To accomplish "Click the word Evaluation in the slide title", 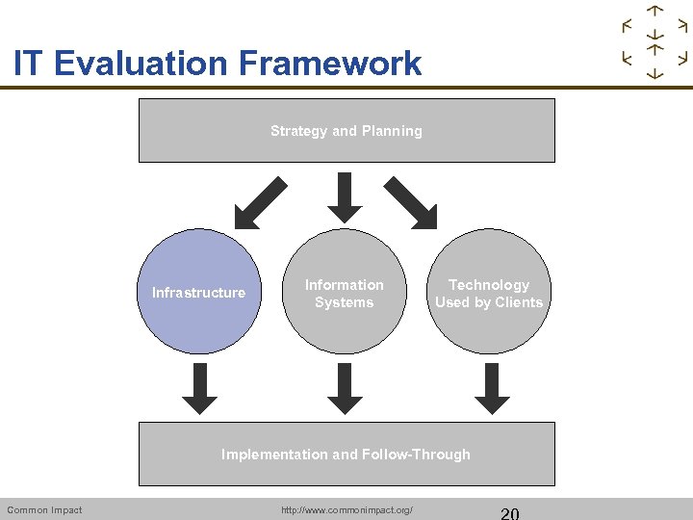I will point(139,64).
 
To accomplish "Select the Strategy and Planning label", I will point(346,131).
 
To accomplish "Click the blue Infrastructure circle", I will point(199,293).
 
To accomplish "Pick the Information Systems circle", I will point(344,293).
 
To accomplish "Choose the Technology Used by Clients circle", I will point(488,293).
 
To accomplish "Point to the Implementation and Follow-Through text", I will point(346,455).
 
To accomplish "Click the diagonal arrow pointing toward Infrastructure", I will point(260,201).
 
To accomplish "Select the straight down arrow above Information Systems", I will point(345,197).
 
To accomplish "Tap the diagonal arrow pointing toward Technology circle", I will point(412,201).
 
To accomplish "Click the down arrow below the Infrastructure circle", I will point(200,388).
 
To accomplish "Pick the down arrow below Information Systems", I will point(345,388).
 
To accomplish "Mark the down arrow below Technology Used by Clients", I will point(493,388).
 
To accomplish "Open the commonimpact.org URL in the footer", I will point(346,509).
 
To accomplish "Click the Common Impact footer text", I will point(44,509).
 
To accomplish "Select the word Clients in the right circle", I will point(520,302).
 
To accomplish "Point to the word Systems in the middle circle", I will point(344,302).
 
